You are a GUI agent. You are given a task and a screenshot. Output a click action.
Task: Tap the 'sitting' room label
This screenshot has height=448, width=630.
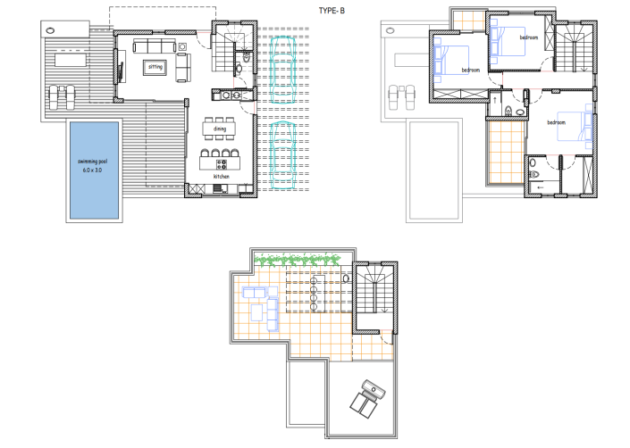(155, 66)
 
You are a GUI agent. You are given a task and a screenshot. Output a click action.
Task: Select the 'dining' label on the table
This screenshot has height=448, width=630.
(220, 129)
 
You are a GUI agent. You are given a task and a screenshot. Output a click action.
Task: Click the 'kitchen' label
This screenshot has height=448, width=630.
(221, 177)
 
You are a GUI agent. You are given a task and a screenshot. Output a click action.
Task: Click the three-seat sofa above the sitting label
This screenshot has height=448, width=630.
(155, 46)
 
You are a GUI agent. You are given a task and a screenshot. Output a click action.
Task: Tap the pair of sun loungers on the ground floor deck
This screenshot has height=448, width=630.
(61, 95)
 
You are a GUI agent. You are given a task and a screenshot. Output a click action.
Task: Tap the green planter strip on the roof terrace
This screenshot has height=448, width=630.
(298, 259)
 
